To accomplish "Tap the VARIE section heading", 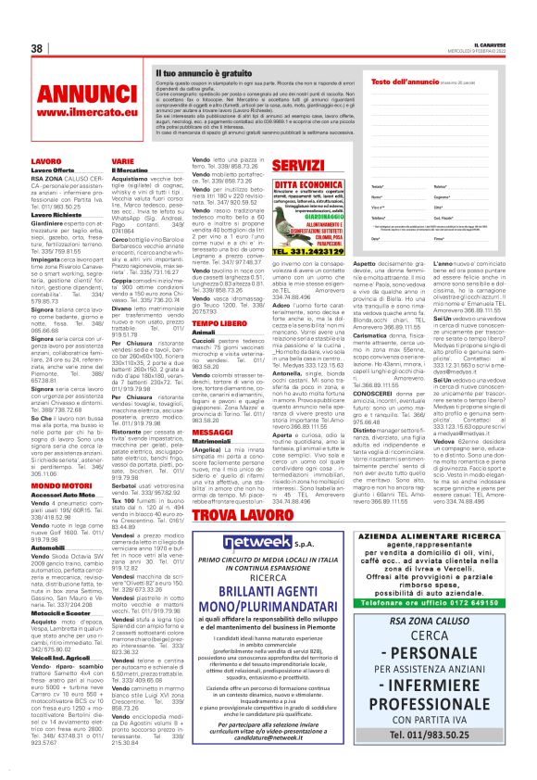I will click(122, 161).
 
